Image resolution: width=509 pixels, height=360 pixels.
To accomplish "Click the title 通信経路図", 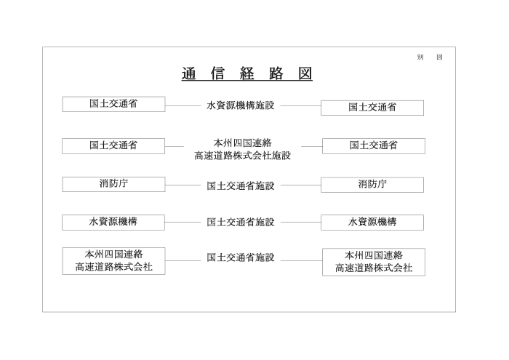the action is click(x=247, y=73).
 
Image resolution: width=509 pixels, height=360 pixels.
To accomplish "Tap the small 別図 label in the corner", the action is click(x=430, y=57).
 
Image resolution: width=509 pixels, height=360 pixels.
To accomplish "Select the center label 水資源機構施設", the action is click(x=241, y=105).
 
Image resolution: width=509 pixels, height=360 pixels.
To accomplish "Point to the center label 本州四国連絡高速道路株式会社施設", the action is click(x=242, y=149).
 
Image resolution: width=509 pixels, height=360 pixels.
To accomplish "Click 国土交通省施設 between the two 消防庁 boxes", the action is click(x=241, y=185).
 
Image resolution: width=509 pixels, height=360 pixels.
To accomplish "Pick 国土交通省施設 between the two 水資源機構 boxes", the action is click(x=241, y=222).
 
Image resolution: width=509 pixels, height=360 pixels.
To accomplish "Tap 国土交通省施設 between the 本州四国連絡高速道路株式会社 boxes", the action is click(x=241, y=257).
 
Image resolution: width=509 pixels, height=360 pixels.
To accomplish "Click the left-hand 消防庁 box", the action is click(x=113, y=185).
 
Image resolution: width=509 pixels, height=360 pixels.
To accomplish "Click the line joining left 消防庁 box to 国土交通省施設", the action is click(x=183, y=185).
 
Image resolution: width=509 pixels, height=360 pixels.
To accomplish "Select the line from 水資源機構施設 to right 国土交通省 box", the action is click(x=300, y=106).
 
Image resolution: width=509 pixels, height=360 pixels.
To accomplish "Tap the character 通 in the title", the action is click(x=188, y=73).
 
